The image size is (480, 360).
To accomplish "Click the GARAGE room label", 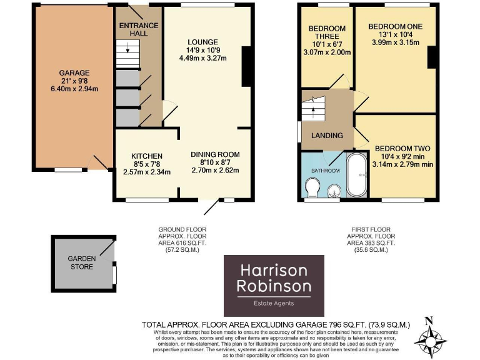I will pos(74,73).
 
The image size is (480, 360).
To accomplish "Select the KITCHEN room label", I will pos(146,156).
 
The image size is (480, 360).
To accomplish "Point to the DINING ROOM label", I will pos(215,154).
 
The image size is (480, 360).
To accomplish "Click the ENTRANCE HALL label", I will pos(139,29).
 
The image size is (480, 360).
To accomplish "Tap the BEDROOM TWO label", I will pos(402,148).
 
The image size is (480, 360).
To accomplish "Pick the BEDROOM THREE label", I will pos(327,36).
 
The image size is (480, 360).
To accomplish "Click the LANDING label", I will pos(327,135).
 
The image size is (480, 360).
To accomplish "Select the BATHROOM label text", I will pos(326,171).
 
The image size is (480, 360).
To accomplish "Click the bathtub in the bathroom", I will pos(356,174).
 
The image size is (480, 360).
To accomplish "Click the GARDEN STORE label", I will pos(81,262).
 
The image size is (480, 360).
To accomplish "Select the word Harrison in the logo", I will pos(274,271).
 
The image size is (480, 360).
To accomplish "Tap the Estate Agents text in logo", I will pos(274,303).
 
